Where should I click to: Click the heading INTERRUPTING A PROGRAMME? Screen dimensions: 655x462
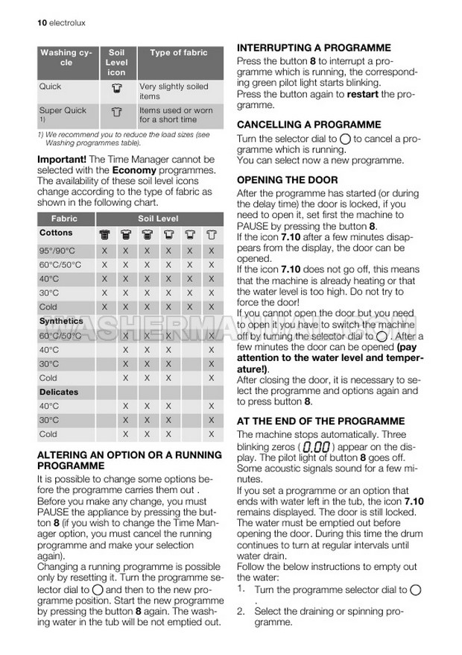coord(314,47)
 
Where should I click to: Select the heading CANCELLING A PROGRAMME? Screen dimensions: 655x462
coord(308,125)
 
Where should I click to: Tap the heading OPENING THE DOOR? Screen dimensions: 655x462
coord(287,180)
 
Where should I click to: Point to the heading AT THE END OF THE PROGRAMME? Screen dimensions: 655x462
coord(326,420)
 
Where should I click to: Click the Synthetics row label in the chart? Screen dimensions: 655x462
coord(61,321)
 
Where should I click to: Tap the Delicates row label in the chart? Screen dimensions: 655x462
coord(59,392)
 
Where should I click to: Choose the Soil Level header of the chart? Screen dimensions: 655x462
coord(158,219)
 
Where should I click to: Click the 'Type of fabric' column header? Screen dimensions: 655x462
coord(179,53)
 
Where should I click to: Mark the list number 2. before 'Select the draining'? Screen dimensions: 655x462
coord(241,612)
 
